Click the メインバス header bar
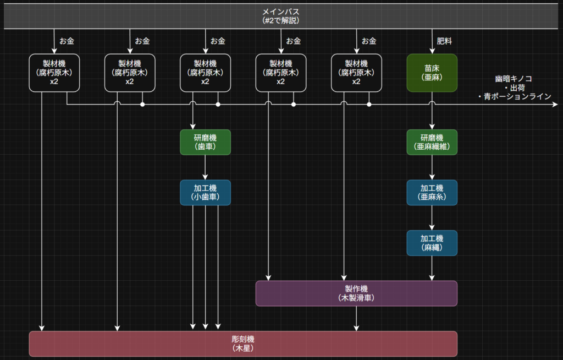point(281,16)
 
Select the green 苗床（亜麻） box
point(432,73)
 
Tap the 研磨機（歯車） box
point(205,142)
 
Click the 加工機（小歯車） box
point(205,193)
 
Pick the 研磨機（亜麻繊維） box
point(432,142)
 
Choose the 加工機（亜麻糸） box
point(432,193)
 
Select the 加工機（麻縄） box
point(432,243)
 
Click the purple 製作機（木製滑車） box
point(356,293)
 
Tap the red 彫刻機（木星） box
point(243,343)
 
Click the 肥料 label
point(444,41)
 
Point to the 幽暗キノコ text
point(514,79)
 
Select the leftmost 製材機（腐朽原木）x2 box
point(54,73)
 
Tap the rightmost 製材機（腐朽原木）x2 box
point(356,73)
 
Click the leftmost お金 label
point(67,41)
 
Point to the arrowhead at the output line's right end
point(555,104)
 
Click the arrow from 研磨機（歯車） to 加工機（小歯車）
point(205,167)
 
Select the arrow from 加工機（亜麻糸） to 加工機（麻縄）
point(432,218)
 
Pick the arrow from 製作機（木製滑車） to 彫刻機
point(356,318)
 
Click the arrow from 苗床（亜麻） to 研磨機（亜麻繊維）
point(432,117)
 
